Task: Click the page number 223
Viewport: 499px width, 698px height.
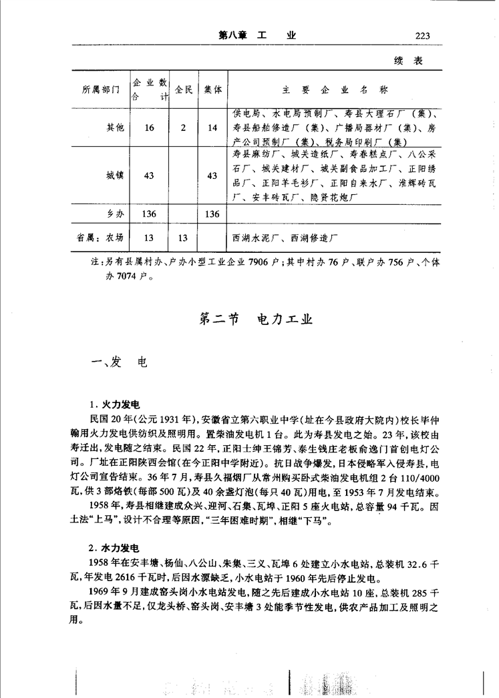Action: point(422,36)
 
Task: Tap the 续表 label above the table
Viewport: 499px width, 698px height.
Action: point(408,61)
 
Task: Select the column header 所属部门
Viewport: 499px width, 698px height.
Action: point(100,89)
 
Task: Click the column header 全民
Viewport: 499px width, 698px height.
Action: point(183,89)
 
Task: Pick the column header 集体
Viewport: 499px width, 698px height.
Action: point(213,89)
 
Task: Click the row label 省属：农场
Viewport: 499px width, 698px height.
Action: point(100,237)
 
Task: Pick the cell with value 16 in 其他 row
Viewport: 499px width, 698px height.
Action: point(150,127)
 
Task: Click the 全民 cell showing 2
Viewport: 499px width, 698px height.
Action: point(183,127)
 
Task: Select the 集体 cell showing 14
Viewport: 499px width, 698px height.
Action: point(213,127)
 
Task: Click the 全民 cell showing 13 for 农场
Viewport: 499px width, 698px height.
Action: point(183,237)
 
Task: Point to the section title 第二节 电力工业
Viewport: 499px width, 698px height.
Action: point(257,320)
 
